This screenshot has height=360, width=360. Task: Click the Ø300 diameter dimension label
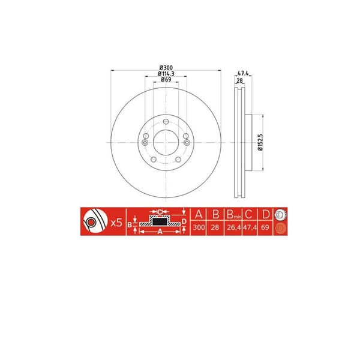point(166,66)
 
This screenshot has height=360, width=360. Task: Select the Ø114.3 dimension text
point(166,73)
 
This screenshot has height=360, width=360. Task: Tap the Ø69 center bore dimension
point(166,80)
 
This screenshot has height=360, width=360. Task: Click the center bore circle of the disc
point(165,142)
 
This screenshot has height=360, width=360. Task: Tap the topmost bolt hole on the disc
point(165,121)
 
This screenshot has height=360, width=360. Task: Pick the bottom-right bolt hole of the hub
point(178,160)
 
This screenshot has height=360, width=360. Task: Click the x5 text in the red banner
point(116,223)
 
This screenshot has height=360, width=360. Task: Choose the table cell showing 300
point(199,229)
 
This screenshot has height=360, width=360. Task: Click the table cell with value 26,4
point(233,229)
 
